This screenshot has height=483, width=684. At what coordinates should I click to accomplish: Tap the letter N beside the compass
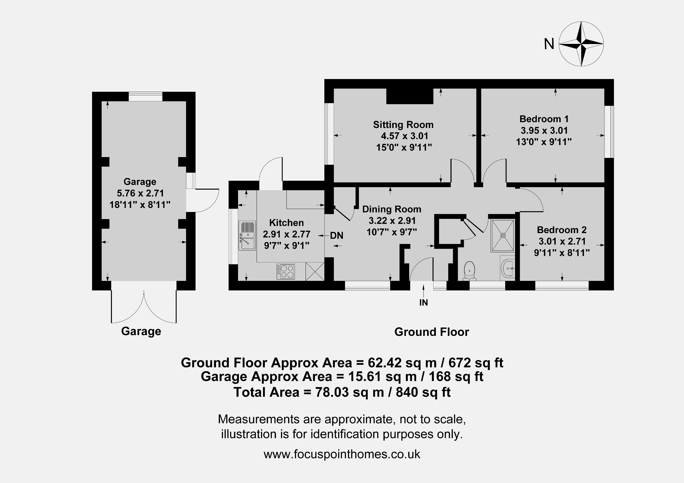pos(549,44)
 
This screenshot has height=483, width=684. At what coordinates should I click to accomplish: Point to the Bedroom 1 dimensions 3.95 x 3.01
pos(544,130)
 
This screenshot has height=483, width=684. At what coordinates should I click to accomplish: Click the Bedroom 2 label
pos(562,230)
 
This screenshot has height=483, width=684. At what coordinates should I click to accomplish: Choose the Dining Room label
pos(392,209)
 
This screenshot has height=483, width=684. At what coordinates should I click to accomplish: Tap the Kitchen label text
pos(286,223)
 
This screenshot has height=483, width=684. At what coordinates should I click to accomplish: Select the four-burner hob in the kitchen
pos(286,272)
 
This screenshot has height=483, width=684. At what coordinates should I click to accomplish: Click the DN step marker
pos(337,236)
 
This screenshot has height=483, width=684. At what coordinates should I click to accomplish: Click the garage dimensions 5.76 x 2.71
pos(140,193)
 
